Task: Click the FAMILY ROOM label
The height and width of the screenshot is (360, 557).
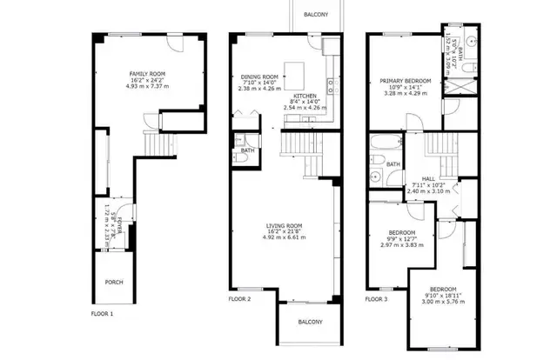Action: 147,74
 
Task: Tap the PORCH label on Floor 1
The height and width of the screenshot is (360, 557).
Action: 113,282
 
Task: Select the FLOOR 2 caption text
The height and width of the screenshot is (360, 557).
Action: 239,298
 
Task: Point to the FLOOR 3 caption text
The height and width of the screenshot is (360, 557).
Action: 376,298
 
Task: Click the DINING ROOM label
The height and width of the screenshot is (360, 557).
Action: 258,77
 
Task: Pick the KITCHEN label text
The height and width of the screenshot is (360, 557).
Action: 305,96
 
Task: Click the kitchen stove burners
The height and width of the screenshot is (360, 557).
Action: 332,84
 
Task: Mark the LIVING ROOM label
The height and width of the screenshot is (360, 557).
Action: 284,226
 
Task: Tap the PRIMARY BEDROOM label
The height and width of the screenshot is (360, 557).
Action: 406,80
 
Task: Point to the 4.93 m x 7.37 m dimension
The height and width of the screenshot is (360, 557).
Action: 147,87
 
